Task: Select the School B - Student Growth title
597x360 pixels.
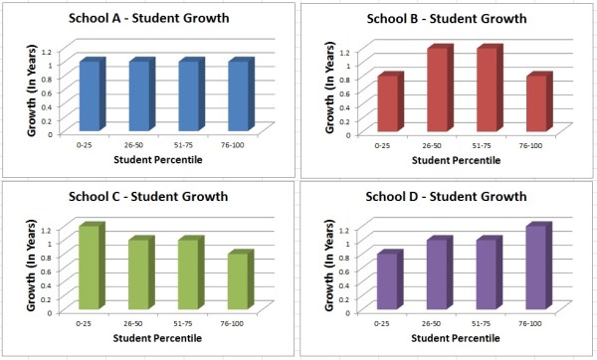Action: [x=447, y=19]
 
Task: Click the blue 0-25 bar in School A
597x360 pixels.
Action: [x=91, y=96]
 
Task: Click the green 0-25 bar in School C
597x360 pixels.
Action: [x=91, y=270]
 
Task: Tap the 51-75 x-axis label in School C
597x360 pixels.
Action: [x=190, y=323]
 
